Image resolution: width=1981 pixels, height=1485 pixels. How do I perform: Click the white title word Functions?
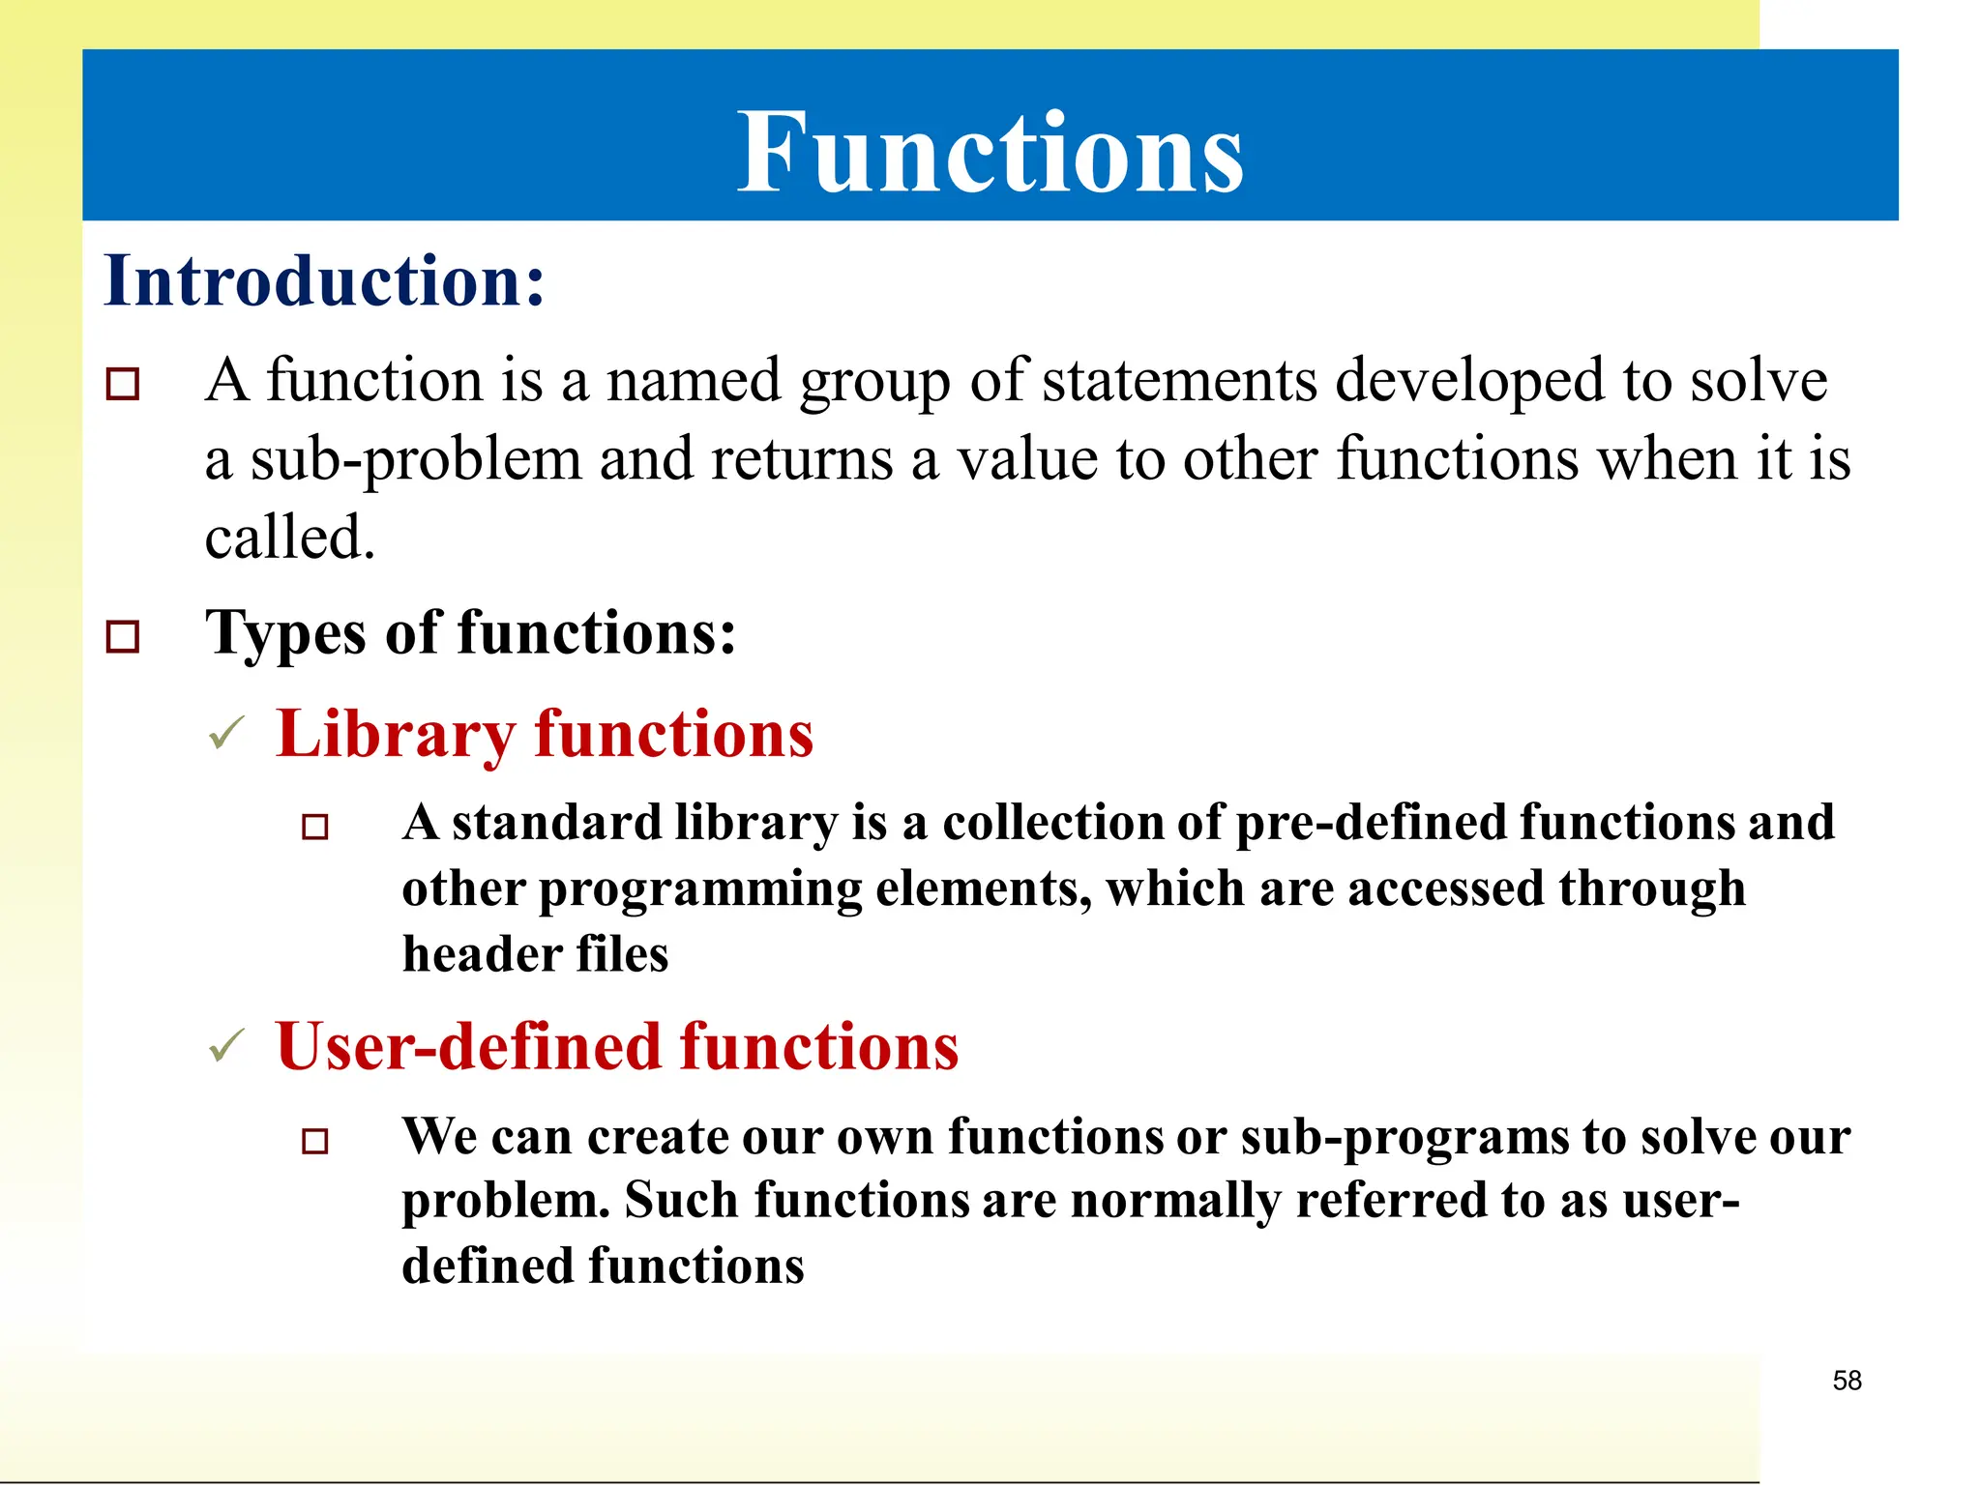click(x=990, y=152)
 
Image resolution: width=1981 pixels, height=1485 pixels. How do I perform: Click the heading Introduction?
click(x=324, y=280)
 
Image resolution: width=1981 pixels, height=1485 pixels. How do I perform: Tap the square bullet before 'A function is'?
click(x=123, y=384)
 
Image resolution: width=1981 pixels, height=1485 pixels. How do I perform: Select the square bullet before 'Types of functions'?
click(x=123, y=636)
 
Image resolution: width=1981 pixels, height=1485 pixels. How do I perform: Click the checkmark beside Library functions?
click(x=227, y=734)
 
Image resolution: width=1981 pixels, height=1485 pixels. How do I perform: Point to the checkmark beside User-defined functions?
click(x=227, y=1046)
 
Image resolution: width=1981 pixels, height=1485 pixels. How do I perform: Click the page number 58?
click(x=1847, y=1381)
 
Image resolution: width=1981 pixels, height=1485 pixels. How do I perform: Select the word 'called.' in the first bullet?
click(x=289, y=538)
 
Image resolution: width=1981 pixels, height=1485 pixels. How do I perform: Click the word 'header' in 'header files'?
click(x=481, y=954)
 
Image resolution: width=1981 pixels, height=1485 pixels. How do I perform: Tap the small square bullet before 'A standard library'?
click(x=315, y=828)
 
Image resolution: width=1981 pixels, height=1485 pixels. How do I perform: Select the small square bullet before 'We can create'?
click(x=315, y=1142)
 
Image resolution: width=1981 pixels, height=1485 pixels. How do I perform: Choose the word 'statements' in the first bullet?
click(x=1180, y=381)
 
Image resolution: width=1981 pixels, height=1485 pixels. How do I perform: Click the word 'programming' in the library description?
click(x=699, y=889)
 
